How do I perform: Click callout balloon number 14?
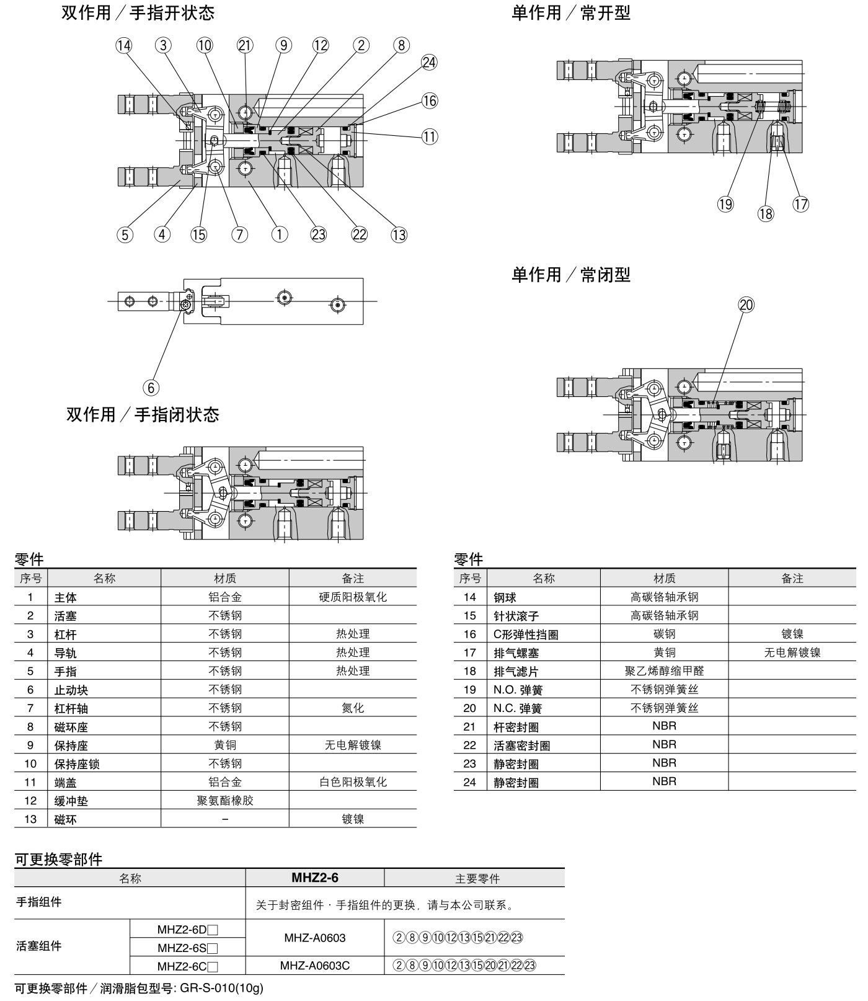click(x=124, y=45)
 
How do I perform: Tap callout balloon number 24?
click(x=429, y=62)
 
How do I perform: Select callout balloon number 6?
click(x=151, y=388)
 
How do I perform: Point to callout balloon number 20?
click(x=746, y=305)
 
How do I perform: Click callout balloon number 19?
click(x=725, y=203)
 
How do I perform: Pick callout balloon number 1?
click(x=280, y=234)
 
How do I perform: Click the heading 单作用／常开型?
click(x=570, y=13)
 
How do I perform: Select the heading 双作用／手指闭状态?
click(x=143, y=414)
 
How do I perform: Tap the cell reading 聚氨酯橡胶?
click(x=225, y=801)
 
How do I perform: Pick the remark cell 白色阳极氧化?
click(x=353, y=782)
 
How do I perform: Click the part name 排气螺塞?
click(x=516, y=652)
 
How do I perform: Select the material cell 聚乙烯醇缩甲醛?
click(x=664, y=671)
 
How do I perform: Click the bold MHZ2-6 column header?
click(x=315, y=878)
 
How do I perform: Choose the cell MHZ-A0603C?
click(x=315, y=966)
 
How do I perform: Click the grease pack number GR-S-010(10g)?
click(x=221, y=989)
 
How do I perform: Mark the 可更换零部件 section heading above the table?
click(x=59, y=859)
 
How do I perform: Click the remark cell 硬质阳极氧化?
click(x=353, y=597)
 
